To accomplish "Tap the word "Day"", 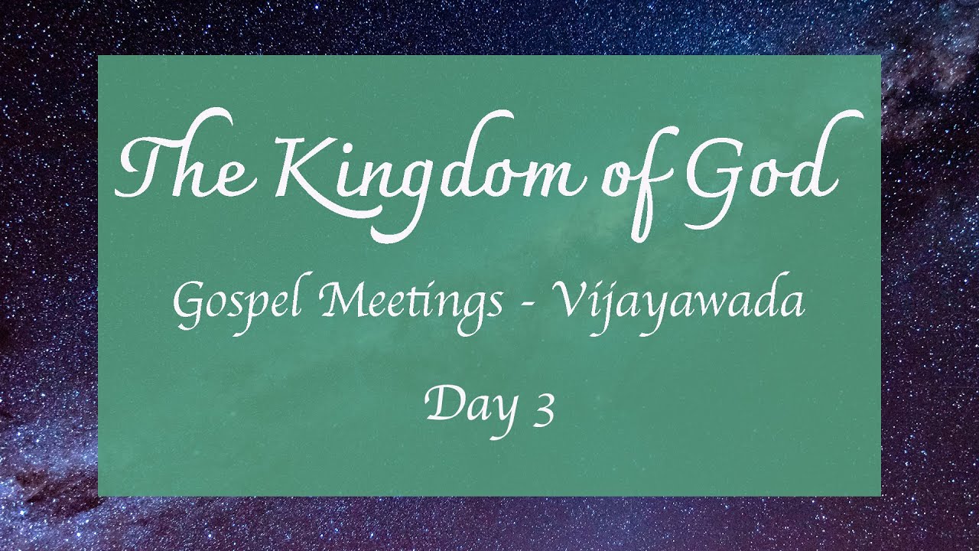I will point(469,406).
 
